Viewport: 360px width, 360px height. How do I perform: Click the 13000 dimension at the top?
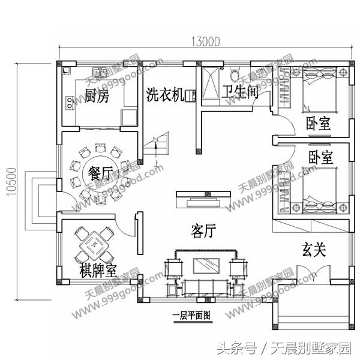(x=205, y=42)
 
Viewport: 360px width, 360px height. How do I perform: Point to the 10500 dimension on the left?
(x=10, y=178)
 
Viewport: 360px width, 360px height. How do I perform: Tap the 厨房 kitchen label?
(x=97, y=96)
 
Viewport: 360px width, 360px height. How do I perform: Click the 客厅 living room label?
(x=204, y=230)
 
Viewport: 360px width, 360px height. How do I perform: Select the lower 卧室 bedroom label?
(x=321, y=158)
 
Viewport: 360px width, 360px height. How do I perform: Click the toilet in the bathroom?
(x=235, y=74)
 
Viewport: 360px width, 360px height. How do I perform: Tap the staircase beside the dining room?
(x=155, y=148)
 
